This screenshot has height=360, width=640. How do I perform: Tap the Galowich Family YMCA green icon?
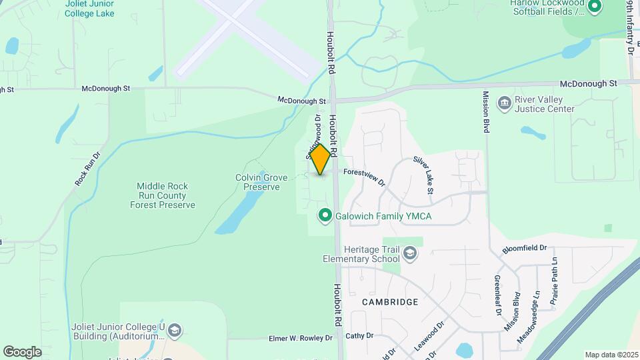325,216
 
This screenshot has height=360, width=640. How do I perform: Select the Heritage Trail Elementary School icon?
409,253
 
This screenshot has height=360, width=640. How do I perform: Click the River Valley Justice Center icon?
505,103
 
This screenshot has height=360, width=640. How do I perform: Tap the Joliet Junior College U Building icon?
174,331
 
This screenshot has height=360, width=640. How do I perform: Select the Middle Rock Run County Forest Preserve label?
163,195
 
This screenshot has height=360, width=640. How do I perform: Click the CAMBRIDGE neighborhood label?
390,302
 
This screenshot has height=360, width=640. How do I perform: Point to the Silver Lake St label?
423,175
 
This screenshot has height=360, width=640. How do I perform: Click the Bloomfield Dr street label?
524,249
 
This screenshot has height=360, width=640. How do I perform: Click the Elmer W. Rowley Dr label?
300,338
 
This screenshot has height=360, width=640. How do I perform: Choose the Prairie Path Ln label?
554,280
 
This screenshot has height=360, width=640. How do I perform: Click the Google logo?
22,351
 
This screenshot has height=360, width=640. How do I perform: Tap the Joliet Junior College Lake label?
89,9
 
